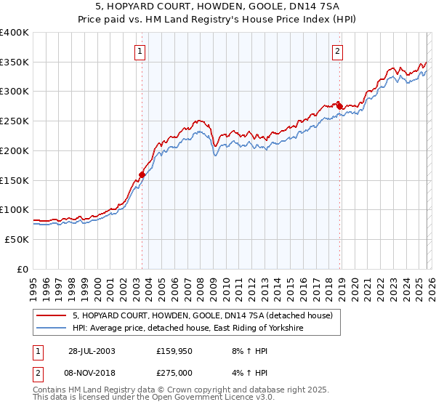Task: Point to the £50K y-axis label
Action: click(x=16, y=239)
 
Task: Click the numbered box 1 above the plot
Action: click(x=139, y=51)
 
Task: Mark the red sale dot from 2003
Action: click(x=142, y=174)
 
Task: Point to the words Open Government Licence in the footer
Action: click(x=209, y=399)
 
